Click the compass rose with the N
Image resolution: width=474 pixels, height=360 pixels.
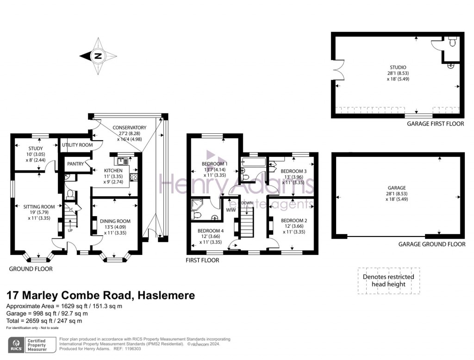[x=98, y=56]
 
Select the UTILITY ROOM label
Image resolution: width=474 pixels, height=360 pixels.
[x=77, y=145]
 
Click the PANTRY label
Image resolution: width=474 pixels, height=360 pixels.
[x=75, y=164]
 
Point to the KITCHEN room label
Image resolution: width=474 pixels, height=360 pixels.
[x=113, y=171]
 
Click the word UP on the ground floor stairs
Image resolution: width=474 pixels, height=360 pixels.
[x=70, y=230]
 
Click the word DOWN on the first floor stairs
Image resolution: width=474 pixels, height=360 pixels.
[x=247, y=203]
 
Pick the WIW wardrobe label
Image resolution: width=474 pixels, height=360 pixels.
[x=231, y=210]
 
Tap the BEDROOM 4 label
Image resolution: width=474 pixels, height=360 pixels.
[x=211, y=231]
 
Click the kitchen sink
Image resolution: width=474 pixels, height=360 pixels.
[x=123, y=161]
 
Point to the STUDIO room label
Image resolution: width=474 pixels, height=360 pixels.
[x=398, y=68]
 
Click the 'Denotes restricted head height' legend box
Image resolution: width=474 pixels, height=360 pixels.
[x=388, y=280]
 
